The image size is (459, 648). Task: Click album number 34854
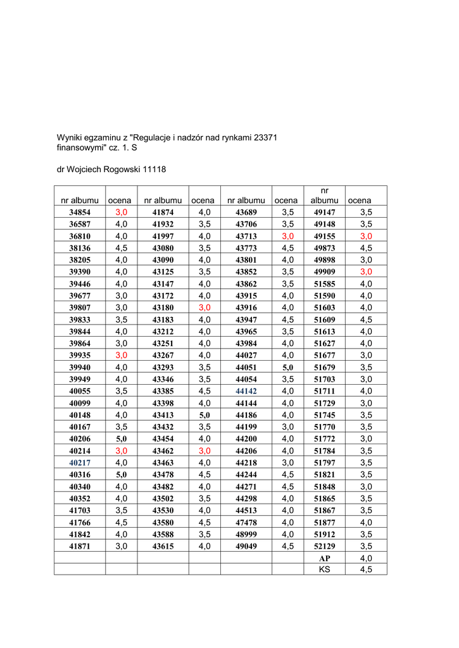(80, 213)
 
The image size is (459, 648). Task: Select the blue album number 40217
(80, 463)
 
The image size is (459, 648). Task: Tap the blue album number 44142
(246, 392)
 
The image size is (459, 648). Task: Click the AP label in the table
(325, 558)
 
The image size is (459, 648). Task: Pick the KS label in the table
(325, 570)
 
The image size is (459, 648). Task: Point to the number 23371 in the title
(266, 137)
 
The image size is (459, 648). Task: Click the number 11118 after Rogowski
(154, 170)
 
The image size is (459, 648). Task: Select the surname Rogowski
(120, 170)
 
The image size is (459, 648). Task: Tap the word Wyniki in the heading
(70, 137)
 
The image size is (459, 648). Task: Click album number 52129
(325, 546)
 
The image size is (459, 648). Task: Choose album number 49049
(246, 546)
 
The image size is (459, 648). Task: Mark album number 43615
(163, 546)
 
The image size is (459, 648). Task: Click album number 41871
(80, 546)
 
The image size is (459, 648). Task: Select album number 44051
(246, 368)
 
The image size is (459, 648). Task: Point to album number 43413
(163, 415)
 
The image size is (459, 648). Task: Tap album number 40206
(80, 439)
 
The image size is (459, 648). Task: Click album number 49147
(325, 213)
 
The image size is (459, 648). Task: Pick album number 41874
(163, 213)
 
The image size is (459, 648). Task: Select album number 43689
(246, 213)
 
